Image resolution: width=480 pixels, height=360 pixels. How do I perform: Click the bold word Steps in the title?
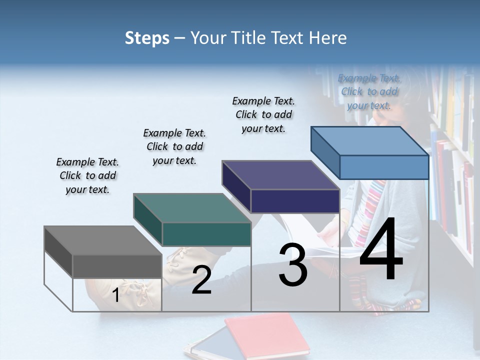coord(147,38)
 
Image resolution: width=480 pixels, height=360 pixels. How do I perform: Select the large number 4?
coord(381,250)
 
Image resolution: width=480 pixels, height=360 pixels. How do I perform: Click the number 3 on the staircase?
coord(293,265)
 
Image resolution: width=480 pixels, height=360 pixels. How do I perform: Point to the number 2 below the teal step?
coord(201,280)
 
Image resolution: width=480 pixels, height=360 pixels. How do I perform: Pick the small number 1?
coord(115,295)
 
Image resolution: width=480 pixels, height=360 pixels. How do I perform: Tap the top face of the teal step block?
coord(192,208)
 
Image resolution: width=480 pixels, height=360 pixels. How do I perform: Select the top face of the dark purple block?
coord(280,175)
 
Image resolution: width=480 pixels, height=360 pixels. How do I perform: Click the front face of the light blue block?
coord(384,167)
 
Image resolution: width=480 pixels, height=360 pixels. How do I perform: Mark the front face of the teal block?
coord(206,234)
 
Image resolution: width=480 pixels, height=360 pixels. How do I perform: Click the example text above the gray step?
coord(87,175)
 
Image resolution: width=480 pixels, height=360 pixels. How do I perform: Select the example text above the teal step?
coord(174,146)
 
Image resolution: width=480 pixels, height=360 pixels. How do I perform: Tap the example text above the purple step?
coord(263,114)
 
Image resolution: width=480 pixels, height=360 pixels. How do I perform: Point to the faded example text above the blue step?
coord(369,91)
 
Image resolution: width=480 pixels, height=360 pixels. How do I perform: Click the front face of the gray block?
coord(117,266)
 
